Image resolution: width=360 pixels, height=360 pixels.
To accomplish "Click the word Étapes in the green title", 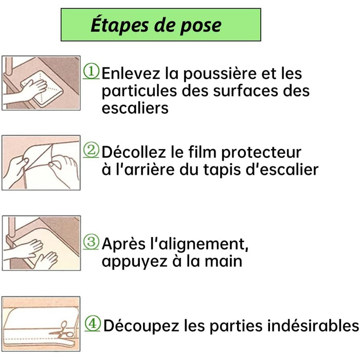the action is (x=119, y=25).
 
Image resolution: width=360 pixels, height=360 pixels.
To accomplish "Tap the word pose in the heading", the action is (x=201, y=26).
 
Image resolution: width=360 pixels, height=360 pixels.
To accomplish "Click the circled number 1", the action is (x=91, y=71).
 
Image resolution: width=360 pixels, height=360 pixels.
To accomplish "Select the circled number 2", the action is (x=91, y=150).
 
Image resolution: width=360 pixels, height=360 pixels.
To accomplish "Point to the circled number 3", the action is (x=91, y=242).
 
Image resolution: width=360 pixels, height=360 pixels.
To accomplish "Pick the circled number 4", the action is (x=93, y=323).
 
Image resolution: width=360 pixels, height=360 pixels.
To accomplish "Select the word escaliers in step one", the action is (x=135, y=107).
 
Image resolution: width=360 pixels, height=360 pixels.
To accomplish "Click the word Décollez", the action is (x=134, y=152).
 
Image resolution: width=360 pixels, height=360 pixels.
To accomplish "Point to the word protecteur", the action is (x=261, y=153).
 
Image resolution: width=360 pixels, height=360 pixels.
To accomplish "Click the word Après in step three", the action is (x=123, y=244).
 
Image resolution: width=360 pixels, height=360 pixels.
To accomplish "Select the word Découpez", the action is (x=141, y=326).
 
